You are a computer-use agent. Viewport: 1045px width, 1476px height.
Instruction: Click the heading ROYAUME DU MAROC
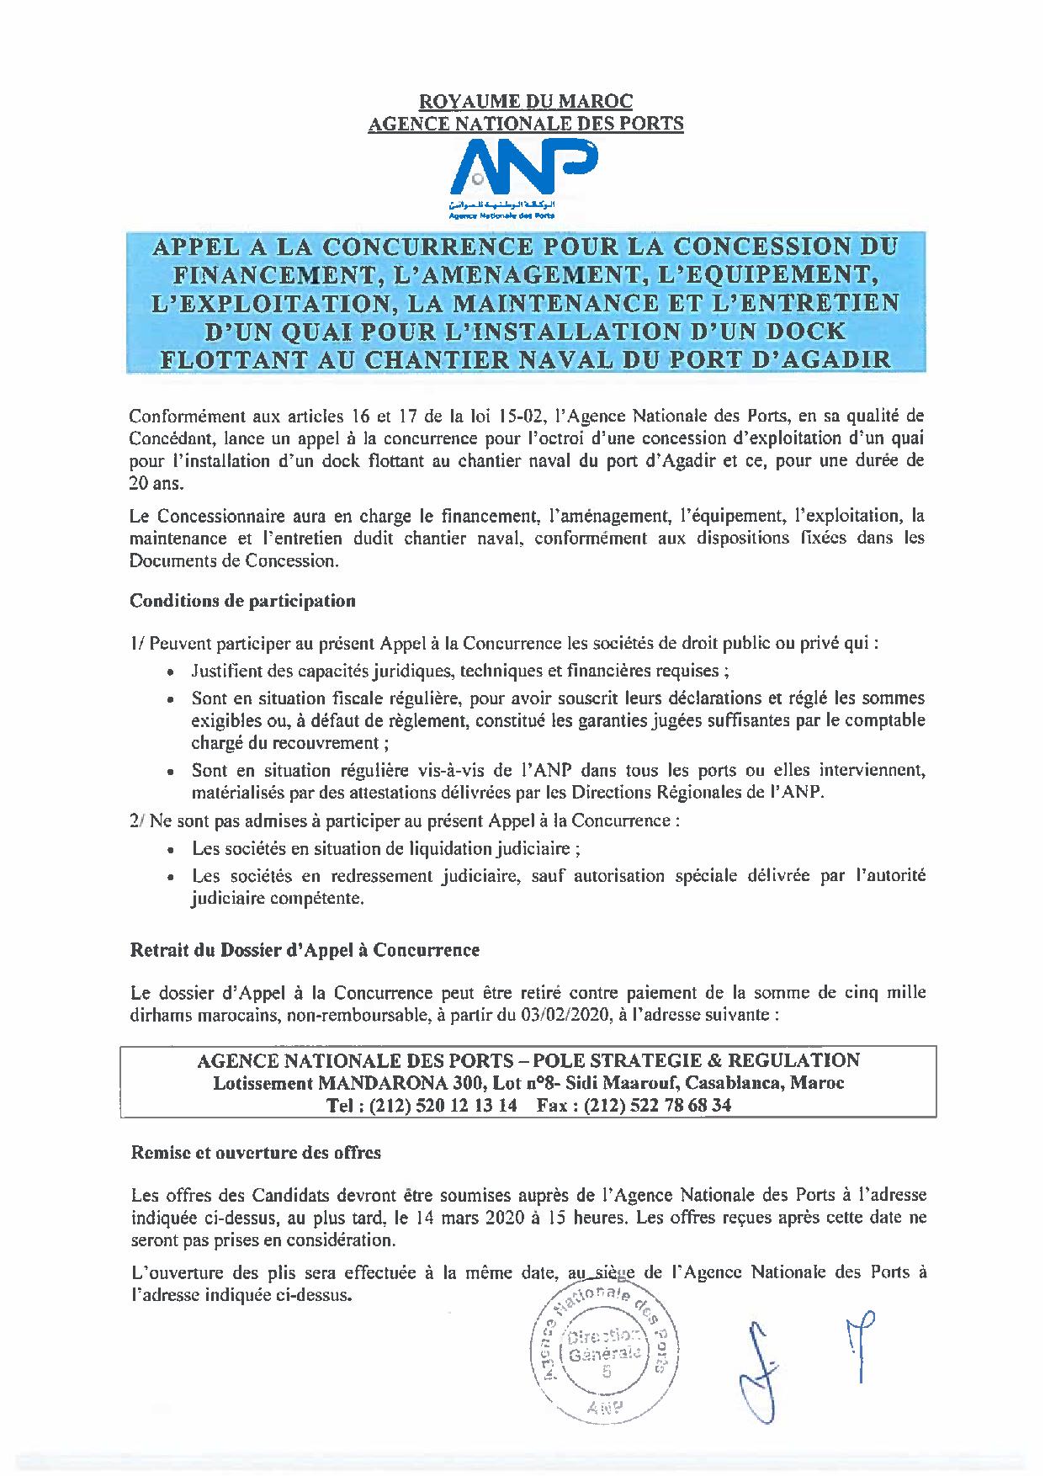[525, 102]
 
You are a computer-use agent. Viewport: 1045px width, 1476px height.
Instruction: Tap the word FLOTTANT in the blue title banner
[222, 359]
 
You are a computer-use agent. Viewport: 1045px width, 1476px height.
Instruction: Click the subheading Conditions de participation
[242, 601]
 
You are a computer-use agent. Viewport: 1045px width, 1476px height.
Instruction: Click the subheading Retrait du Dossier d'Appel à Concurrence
[305, 950]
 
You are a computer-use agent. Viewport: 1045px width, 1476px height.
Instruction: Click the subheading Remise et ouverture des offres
[256, 1152]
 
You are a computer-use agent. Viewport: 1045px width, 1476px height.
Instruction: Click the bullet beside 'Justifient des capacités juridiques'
[172, 673]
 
